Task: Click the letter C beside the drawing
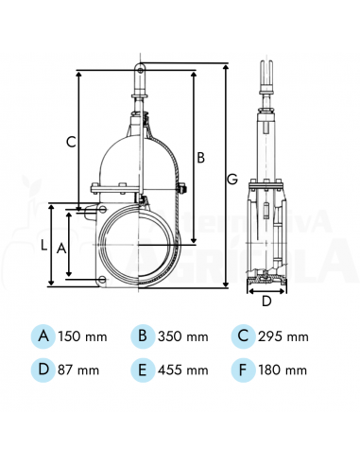point(71,143)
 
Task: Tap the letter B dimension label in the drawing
point(200,156)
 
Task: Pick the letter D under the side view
point(266,301)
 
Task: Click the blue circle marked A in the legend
point(43,336)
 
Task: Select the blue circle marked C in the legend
point(243,336)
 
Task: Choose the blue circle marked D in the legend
point(43,369)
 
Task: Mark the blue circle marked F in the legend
point(243,369)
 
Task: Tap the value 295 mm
point(284,336)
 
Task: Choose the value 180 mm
point(284,370)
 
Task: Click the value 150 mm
point(84,336)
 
